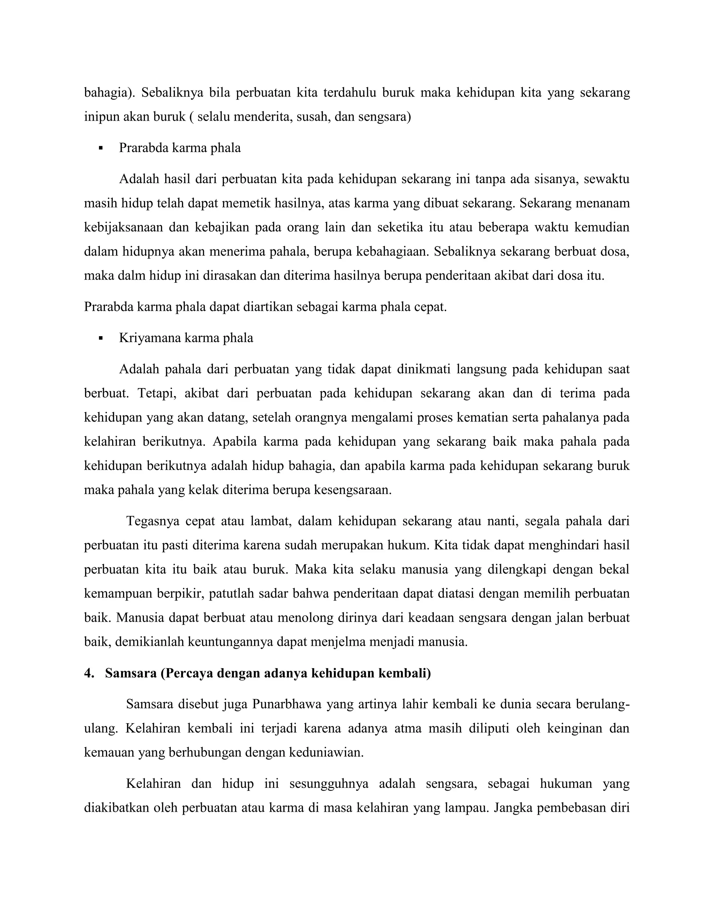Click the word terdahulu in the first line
pos(349,93)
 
